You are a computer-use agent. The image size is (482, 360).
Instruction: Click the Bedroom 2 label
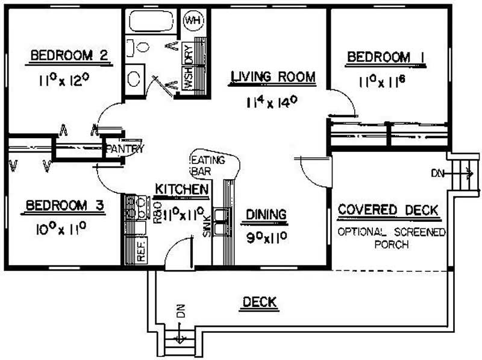tap(69, 56)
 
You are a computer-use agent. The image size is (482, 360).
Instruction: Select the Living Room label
tap(274, 77)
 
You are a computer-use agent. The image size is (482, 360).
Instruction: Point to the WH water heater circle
tap(193, 21)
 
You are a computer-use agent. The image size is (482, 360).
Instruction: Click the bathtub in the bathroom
tap(151, 22)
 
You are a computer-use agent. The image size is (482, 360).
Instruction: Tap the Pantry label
tap(124, 149)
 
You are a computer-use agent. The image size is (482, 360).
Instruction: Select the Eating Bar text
tap(208, 165)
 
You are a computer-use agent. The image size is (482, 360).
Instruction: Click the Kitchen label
tap(182, 190)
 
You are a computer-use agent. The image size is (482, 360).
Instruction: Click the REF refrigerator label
tap(142, 252)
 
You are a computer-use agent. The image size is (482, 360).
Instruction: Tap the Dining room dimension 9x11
tap(265, 236)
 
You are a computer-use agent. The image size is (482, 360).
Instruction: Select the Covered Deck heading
tap(388, 210)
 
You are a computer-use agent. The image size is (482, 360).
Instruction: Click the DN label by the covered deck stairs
tap(437, 174)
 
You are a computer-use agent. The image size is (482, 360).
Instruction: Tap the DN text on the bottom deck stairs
tap(179, 312)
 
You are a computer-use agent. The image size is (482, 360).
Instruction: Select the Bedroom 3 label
tap(64, 207)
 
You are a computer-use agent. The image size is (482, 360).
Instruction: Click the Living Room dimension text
tap(274, 102)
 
